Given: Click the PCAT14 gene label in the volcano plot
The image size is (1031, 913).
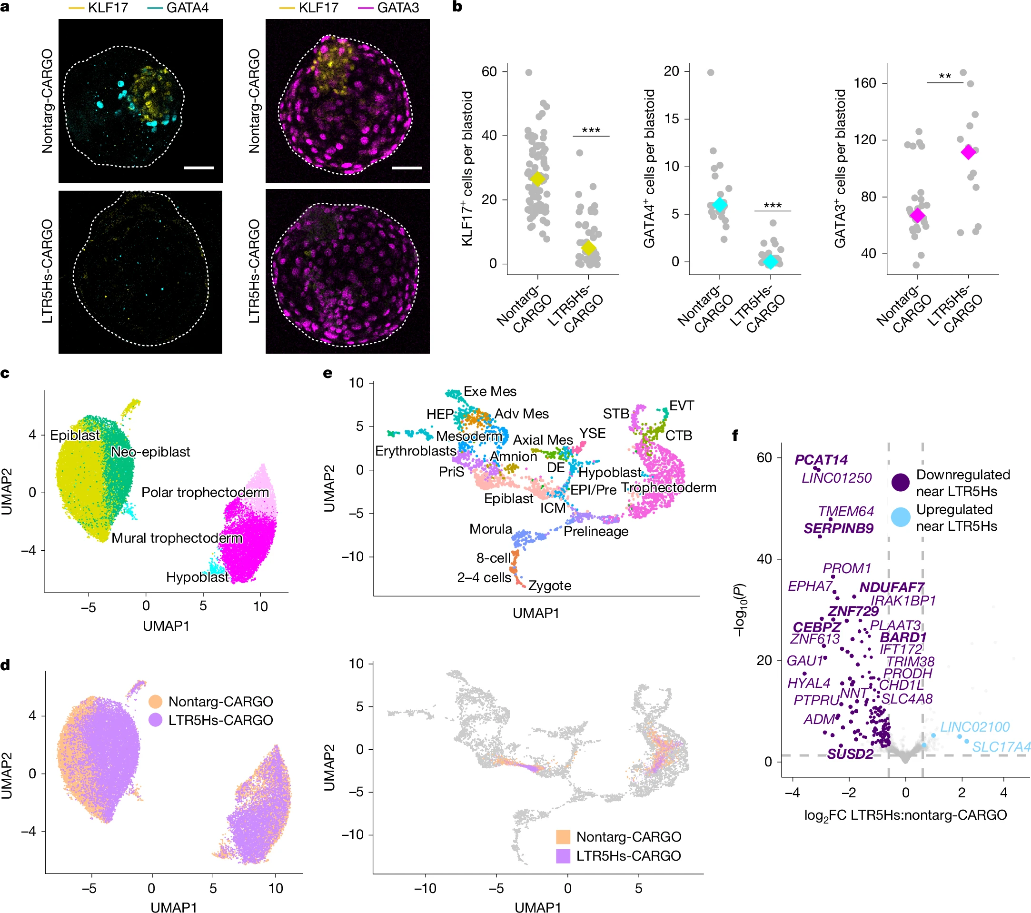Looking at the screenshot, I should tap(821, 459).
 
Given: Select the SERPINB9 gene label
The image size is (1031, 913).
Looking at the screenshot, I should tap(838, 528).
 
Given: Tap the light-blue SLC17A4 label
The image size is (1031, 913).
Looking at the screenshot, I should tap(1001, 746).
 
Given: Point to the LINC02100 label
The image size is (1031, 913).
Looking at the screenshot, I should tap(974, 726).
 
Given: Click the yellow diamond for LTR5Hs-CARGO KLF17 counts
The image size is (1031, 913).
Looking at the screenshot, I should tap(588, 248).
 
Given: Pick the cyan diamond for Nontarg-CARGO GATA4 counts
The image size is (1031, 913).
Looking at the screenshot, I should tap(720, 205).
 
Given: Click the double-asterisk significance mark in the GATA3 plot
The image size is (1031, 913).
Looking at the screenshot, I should tap(945, 77).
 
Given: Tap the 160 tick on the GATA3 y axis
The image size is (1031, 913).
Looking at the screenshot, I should tap(864, 83).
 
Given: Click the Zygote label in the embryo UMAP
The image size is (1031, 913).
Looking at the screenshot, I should tap(549, 586).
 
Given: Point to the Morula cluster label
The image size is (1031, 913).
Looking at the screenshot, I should tap(490, 529).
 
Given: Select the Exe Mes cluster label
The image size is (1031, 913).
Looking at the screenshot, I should tap(490, 391).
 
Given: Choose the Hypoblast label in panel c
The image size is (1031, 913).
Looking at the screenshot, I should tap(197, 576).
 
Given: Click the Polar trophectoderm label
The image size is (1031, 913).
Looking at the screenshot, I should tap(205, 492).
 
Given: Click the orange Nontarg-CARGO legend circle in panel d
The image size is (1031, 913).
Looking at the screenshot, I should tap(155, 701).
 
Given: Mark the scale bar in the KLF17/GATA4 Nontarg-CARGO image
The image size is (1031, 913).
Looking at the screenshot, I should tap(199, 168).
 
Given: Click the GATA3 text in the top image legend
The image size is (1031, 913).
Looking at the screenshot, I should tap(398, 8).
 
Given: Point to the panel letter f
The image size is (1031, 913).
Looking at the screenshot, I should tap(735, 435).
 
